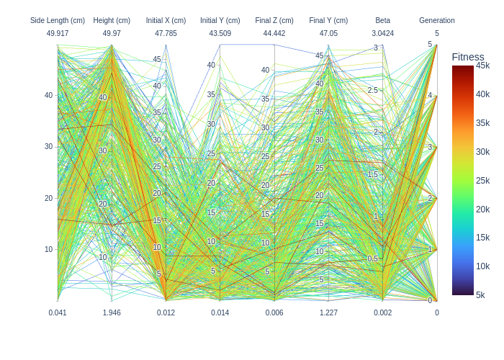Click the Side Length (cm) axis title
[x=58, y=20]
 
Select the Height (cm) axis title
[x=112, y=20]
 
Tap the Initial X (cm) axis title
[x=166, y=20]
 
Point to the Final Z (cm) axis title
[x=274, y=20]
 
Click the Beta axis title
[x=382, y=20]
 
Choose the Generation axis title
[x=437, y=20]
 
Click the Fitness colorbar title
[x=468, y=57]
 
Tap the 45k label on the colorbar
[x=482, y=66]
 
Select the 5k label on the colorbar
[x=480, y=294]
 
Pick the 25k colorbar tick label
[x=482, y=180]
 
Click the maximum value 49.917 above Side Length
[x=58, y=33]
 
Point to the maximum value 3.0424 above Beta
[x=382, y=33]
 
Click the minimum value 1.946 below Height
[x=112, y=312]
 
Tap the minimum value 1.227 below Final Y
[x=328, y=312]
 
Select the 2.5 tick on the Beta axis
[x=372, y=90]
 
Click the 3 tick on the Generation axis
[x=430, y=147]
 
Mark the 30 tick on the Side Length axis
[x=49, y=146]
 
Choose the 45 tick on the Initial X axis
[x=157, y=60]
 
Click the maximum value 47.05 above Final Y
[x=328, y=33]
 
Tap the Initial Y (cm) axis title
[x=220, y=20]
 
